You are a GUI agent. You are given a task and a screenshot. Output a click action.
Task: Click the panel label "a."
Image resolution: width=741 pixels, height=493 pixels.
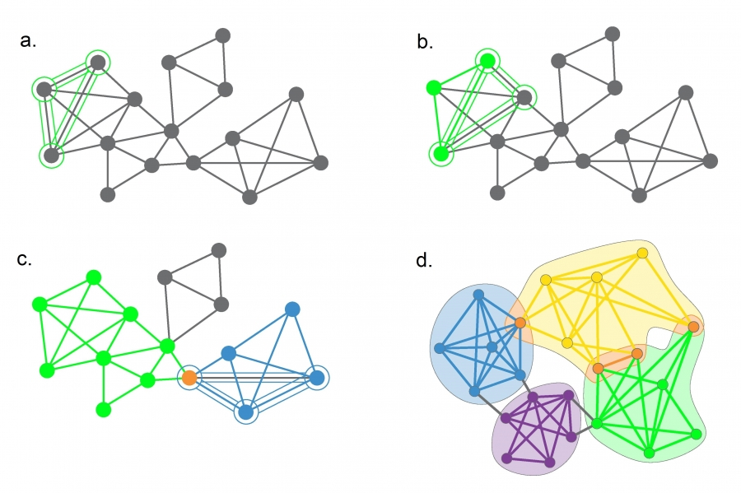click(29, 42)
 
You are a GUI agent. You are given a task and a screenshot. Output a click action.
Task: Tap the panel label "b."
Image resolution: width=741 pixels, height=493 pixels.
click(425, 42)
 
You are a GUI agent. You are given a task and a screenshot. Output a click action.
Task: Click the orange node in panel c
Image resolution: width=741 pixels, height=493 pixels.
click(189, 378)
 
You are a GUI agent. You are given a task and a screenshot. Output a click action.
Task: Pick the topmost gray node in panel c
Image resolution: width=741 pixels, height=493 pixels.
click(218, 249)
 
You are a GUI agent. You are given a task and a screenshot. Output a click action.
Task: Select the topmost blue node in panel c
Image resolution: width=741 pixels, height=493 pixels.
click(291, 309)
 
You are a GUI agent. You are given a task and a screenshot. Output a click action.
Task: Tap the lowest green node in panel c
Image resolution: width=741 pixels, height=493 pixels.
click(103, 409)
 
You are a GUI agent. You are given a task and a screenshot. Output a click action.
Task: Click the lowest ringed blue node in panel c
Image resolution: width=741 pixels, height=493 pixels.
click(246, 412)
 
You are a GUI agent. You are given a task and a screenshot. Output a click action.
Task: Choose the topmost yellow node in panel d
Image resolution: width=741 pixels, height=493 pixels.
click(642, 253)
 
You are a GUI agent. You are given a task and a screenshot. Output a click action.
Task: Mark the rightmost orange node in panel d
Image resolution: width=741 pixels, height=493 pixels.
click(694, 327)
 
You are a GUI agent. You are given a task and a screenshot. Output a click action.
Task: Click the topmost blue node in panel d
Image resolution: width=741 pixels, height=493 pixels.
click(478, 294)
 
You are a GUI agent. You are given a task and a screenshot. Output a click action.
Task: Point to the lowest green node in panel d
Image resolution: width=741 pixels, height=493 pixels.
click(649, 453)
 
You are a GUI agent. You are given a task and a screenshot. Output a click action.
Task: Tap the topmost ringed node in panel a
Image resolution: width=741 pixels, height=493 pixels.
click(98, 62)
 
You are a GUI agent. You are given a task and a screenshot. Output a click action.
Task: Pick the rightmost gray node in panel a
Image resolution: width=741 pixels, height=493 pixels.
click(320, 162)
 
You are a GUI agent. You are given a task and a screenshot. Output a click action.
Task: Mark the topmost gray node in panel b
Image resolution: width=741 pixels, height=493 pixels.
click(612, 34)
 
